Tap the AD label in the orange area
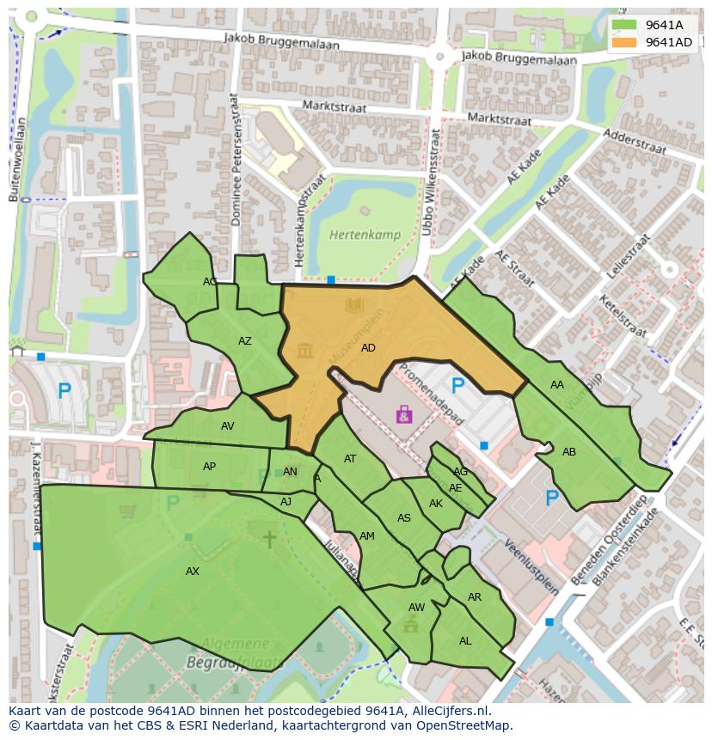click(369, 348)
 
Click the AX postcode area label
click(193, 572)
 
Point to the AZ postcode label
click(245, 341)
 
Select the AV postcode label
click(227, 425)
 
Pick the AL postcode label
click(465, 641)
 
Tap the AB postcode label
click(569, 452)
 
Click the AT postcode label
click(350, 459)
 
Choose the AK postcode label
click(436, 504)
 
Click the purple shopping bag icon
click(403, 415)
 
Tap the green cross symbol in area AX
click(269, 539)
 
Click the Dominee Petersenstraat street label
click(235, 173)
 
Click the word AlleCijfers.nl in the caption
click(446, 711)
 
